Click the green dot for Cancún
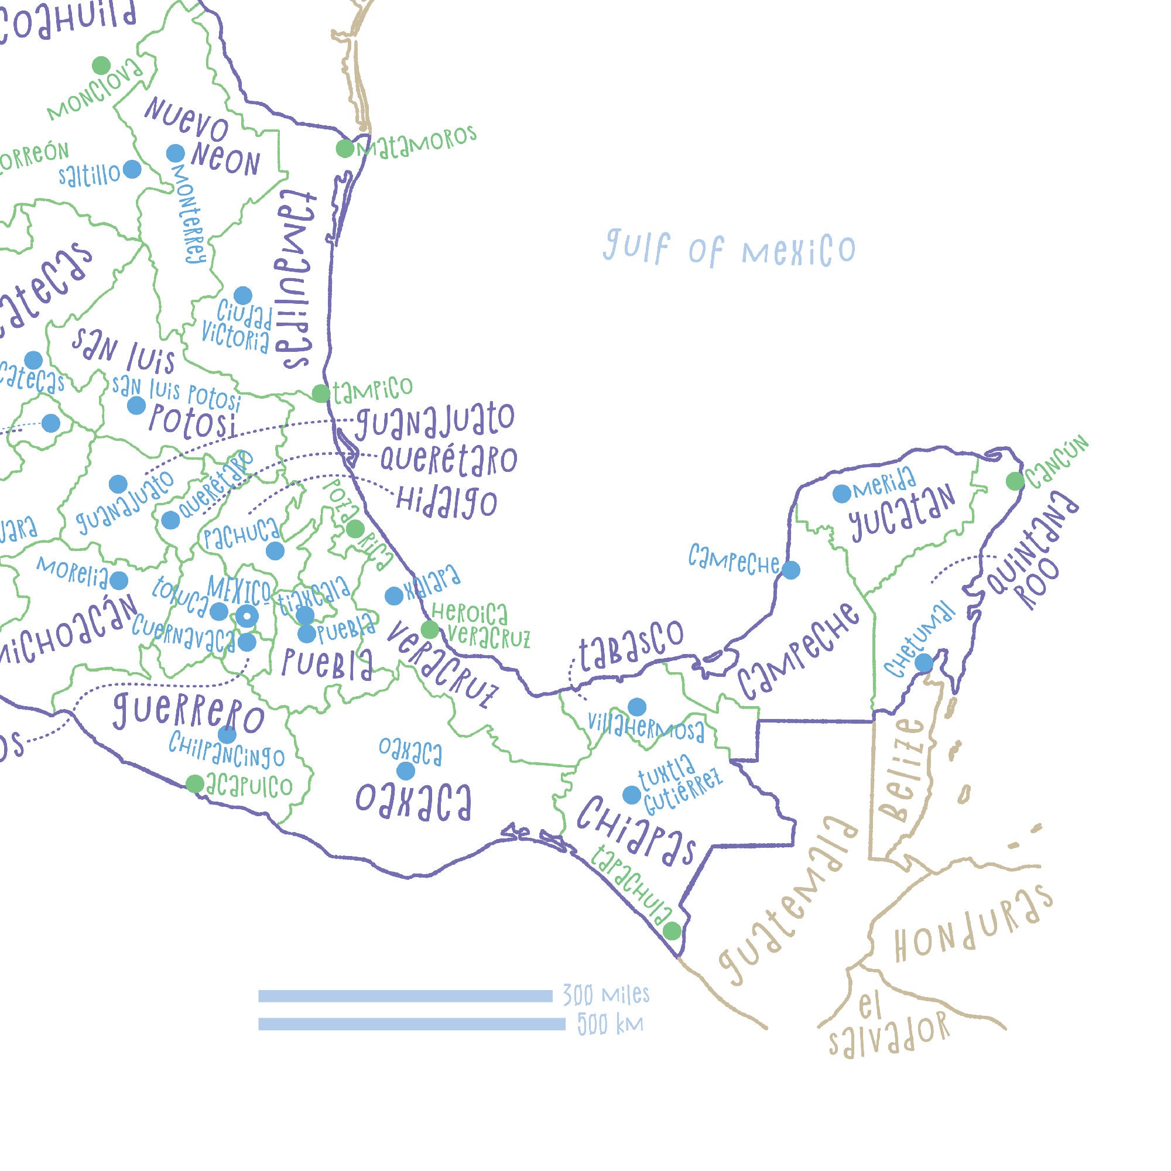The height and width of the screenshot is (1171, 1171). point(1015,481)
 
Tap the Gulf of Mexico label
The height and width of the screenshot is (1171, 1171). point(729,248)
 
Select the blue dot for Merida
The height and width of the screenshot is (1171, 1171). point(841,494)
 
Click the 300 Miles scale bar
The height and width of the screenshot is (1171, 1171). point(405,996)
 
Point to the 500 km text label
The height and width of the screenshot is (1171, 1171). point(610,1024)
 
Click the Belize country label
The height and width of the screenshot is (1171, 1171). point(908,770)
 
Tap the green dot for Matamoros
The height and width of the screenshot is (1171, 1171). point(345,149)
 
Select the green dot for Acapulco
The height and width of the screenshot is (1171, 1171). point(194,784)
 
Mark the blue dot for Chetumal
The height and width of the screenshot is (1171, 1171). point(923,662)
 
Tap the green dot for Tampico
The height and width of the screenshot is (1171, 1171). point(321,393)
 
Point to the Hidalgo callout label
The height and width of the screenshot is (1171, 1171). point(447,502)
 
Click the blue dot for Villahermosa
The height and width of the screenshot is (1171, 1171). point(636,707)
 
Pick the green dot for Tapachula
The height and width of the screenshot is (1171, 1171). point(672,930)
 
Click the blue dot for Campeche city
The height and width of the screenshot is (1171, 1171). point(790,570)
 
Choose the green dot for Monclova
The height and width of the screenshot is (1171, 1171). point(101,66)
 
